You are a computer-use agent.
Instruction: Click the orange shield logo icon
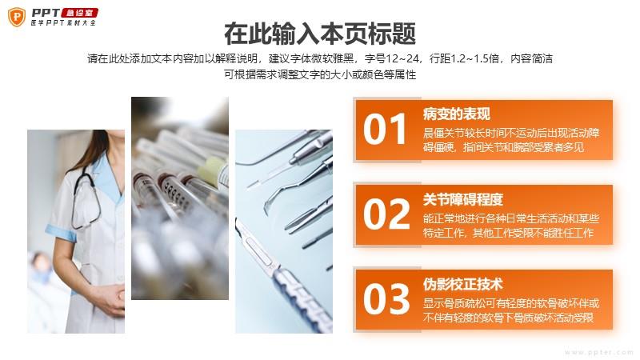pos(17,17)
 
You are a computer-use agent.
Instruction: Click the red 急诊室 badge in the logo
pos(79,13)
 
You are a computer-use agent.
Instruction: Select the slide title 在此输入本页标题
pos(320,34)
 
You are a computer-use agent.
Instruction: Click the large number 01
pos(385,130)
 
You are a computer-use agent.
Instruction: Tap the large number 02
pos(386,214)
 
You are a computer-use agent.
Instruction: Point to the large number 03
pos(386,299)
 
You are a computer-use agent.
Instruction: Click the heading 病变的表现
pos(456,114)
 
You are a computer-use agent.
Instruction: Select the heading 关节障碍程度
pos(463,199)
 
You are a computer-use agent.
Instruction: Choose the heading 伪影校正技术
pos(463,285)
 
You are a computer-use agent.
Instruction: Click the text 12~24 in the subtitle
pos(402,58)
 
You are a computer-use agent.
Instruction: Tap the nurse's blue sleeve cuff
pos(61,233)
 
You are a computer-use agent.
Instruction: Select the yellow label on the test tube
pos(213,170)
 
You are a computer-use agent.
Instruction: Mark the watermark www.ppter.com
pos(598,352)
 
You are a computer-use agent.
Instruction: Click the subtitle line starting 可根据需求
pos(320,74)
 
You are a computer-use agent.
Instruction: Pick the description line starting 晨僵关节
pos(511,133)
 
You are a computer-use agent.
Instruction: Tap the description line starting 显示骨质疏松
pos(511,303)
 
